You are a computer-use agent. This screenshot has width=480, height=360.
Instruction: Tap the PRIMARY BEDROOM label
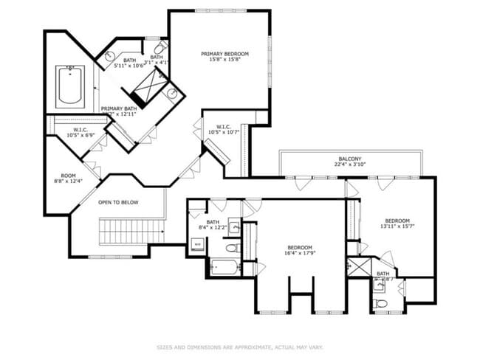(x=225, y=57)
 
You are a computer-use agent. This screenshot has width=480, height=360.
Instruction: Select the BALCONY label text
(x=350, y=163)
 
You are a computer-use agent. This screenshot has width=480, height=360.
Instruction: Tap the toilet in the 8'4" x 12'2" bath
(x=231, y=247)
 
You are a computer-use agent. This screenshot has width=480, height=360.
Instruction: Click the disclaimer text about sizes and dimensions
(x=239, y=347)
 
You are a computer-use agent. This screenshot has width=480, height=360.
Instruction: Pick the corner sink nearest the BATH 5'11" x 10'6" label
(x=110, y=55)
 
